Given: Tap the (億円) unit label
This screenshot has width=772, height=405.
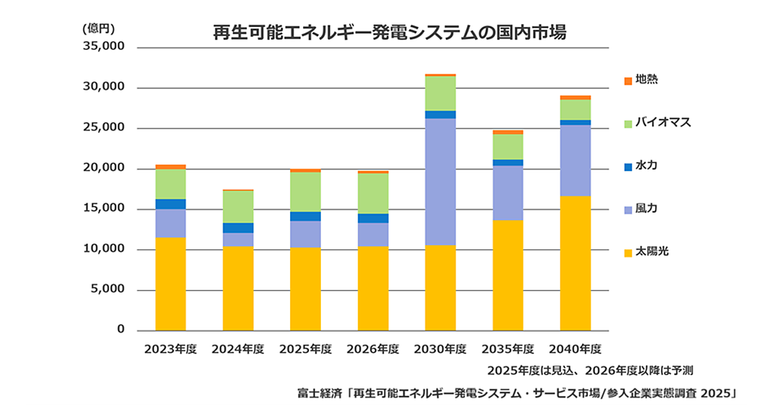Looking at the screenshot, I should (98, 28).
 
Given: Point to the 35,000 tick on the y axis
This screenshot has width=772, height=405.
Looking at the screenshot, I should (102, 48).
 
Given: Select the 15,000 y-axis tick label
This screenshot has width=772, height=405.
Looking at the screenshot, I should (102, 209).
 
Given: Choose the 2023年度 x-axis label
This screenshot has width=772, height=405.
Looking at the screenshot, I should (170, 350).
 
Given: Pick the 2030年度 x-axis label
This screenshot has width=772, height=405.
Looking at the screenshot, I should (440, 350).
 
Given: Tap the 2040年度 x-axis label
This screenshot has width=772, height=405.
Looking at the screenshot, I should (575, 350).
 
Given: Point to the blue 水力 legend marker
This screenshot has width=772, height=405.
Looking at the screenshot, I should (629, 166).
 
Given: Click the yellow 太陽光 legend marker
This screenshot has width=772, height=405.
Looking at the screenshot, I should (629, 253).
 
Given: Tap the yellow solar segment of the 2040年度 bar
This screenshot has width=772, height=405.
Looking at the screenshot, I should (575, 264).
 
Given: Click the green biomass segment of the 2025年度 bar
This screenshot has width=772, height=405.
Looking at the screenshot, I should (305, 192).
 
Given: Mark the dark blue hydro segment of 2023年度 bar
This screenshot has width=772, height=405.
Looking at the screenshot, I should (170, 204).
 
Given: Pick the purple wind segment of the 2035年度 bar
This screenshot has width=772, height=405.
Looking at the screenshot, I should (508, 193).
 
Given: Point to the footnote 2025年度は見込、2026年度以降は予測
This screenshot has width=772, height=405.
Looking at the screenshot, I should (589, 371).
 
